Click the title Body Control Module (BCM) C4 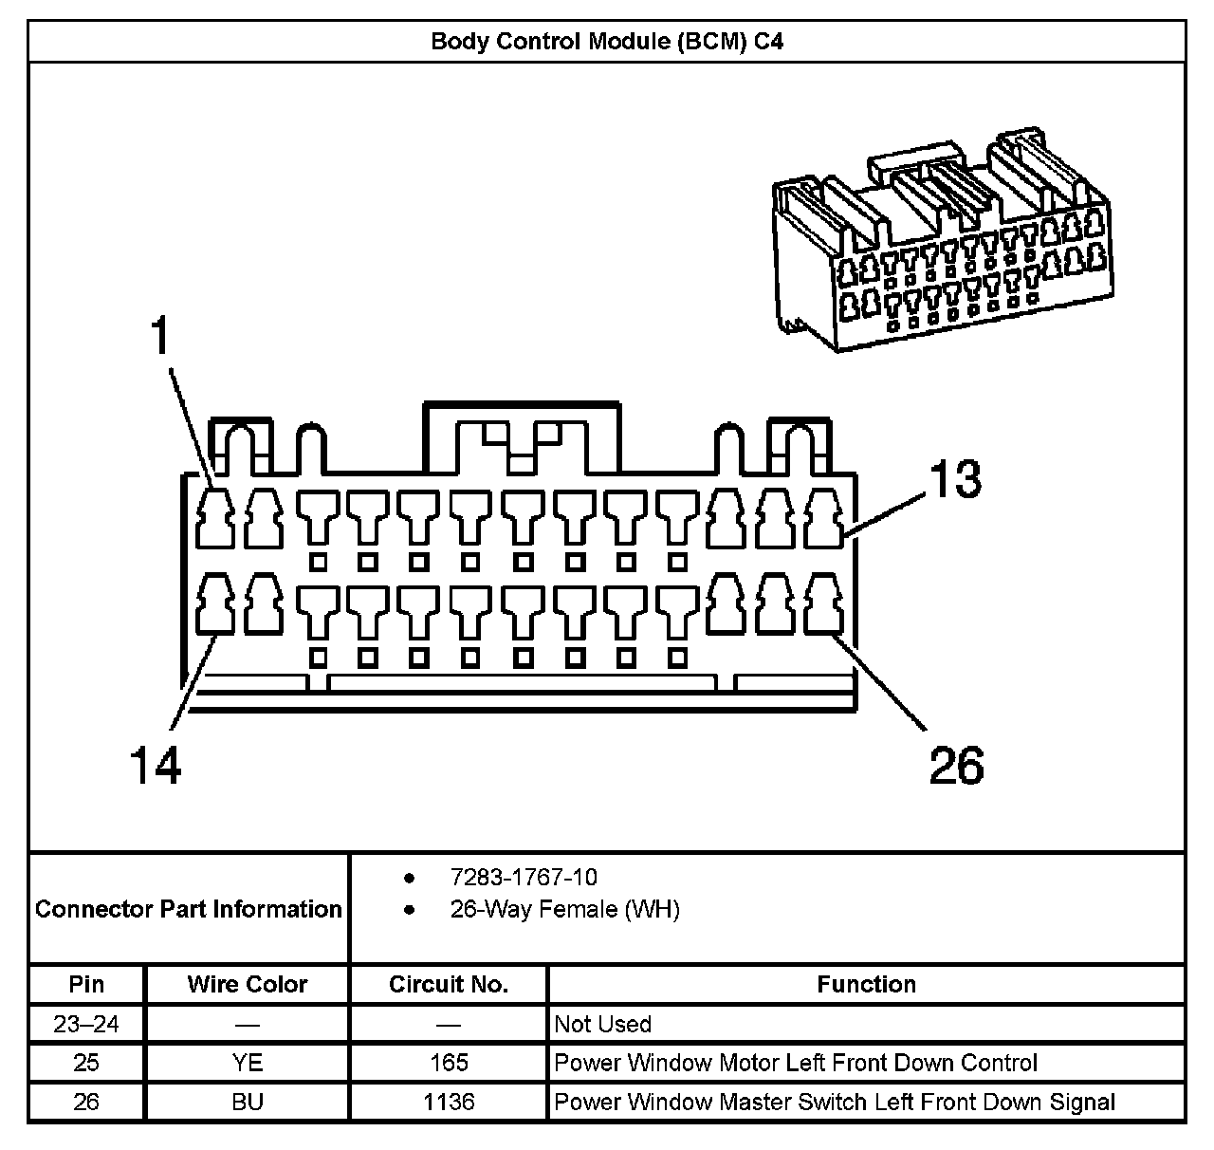pyautogui.click(x=607, y=42)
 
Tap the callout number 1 pyautogui.click(x=161, y=336)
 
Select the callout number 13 pyautogui.click(x=954, y=479)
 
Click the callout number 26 pyautogui.click(x=956, y=765)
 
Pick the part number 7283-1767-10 pyautogui.click(x=524, y=877)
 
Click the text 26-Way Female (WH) pyautogui.click(x=564, y=909)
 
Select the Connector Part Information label pyautogui.click(x=188, y=909)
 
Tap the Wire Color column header pyautogui.click(x=248, y=984)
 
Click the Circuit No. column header pyautogui.click(x=449, y=984)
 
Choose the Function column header pyautogui.click(x=866, y=984)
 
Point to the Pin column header pyautogui.click(x=86, y=984)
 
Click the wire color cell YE pyautogui.click(x=248, y=1063)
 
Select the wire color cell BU pyautogui.click(x=248, y=1102)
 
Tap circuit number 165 pyautogui.click(x=449, y=1063)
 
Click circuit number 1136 pyautogui.click(x=449, y=1102)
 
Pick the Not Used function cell pyautogui.click(x=603, y=1024)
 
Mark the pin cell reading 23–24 pyautogui.click(x=86, y=1024)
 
